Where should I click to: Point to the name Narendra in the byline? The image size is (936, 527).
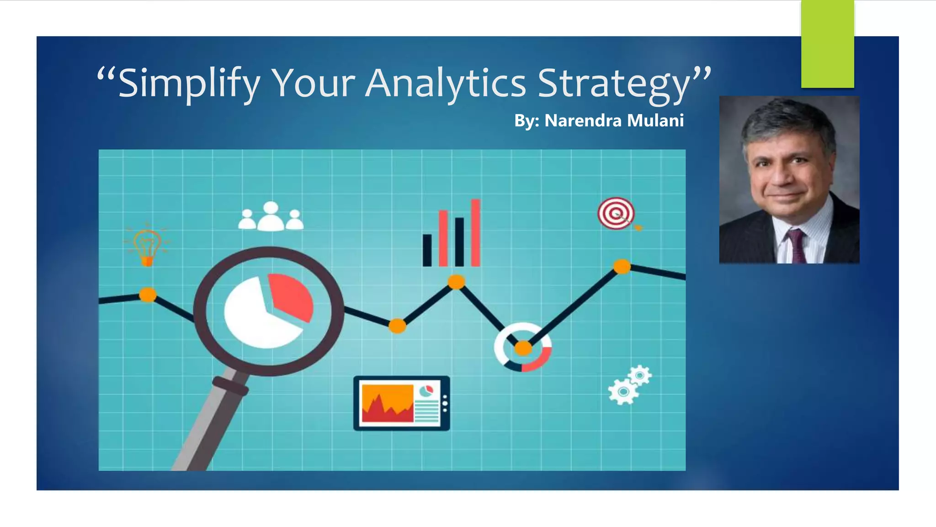point(583,121)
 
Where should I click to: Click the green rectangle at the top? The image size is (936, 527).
point(827,44)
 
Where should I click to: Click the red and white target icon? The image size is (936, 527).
point(616,213)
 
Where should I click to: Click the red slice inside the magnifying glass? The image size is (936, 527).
point(291,296)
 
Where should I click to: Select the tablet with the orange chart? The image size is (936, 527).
point(401,403)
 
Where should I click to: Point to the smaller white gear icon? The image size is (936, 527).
point(640,376)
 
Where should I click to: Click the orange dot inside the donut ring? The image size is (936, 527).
point(523,349)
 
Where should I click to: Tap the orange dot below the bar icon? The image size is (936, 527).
point(456,282)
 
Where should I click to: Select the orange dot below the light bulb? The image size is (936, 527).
point(147,295)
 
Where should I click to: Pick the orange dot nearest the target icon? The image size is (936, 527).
point(622,266)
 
